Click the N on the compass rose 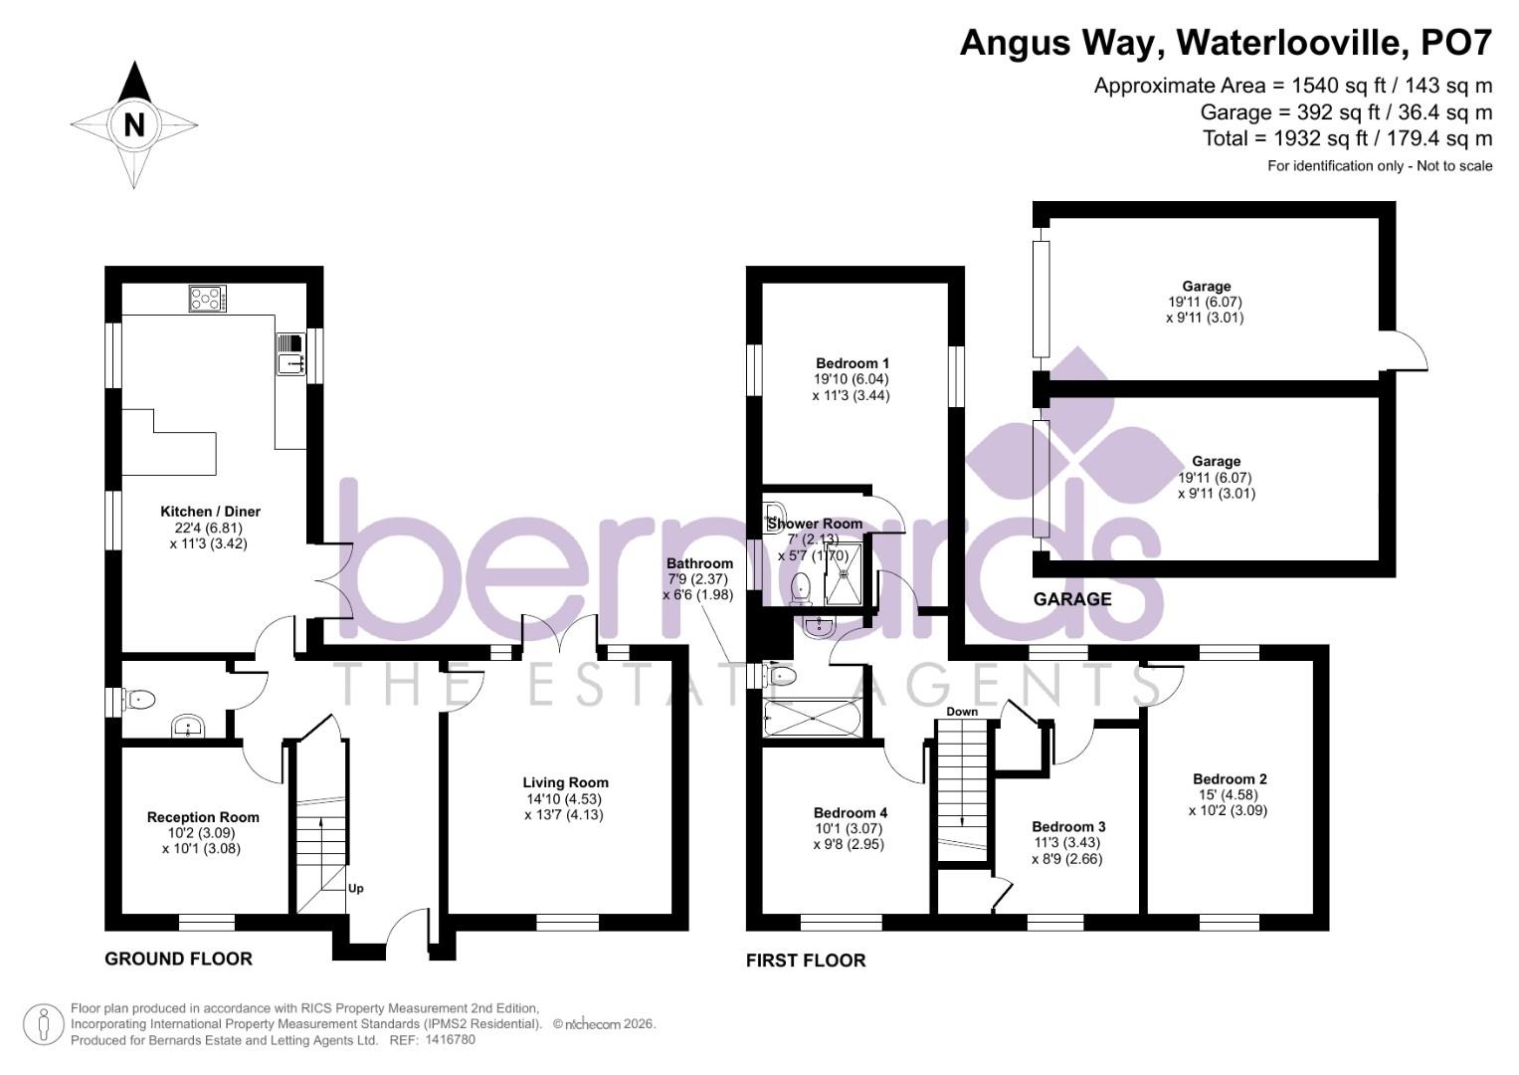[x=134, y=125]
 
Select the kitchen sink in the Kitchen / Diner [x=291, y=354]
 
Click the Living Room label [x=565, y=782]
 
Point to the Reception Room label [x=203, y=817]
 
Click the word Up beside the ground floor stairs [x=355, y=888]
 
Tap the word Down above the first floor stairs [x=962, y=712]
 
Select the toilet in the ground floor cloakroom [x=139, y=700]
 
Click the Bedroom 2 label [x=1230, y=779]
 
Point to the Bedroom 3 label [x=1068, y=827]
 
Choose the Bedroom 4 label [x=850, y=812]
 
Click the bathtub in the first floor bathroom [x=812, y=718]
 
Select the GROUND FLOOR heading [x=179, y=959]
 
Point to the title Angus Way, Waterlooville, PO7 [x=1226, y=44]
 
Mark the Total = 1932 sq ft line [x=1347, y=138]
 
